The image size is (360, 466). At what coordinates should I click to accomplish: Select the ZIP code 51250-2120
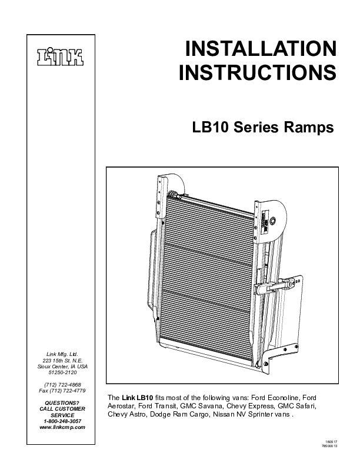[x=61, y=372]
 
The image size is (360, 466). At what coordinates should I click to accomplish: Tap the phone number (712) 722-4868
[x=61, y=384]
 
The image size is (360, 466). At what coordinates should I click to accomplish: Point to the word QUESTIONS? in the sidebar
[x=62, y=402]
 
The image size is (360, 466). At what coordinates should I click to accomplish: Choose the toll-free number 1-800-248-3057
[x=62, y=421]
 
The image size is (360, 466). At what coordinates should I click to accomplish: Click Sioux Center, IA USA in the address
[x=61, y=365]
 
